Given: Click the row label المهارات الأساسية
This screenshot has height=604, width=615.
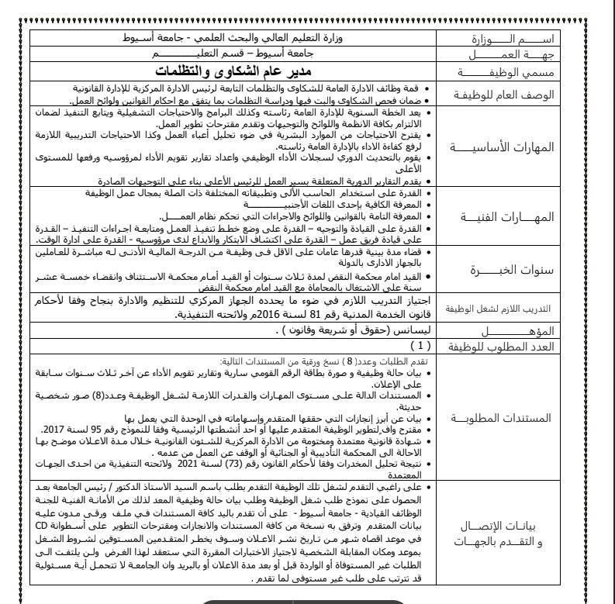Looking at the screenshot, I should click(x=518, y=147).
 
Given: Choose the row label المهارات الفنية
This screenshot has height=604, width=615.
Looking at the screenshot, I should click(x=518, y=217).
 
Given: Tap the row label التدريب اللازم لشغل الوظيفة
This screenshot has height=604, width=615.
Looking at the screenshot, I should click(x=518, y=308).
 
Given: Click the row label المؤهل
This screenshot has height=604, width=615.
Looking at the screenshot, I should click(x=518, y=330).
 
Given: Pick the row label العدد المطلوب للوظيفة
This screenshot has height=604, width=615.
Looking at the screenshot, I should click(x=518, y=346).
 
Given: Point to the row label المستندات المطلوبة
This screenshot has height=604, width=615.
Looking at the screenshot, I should click(x=518, y=417).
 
